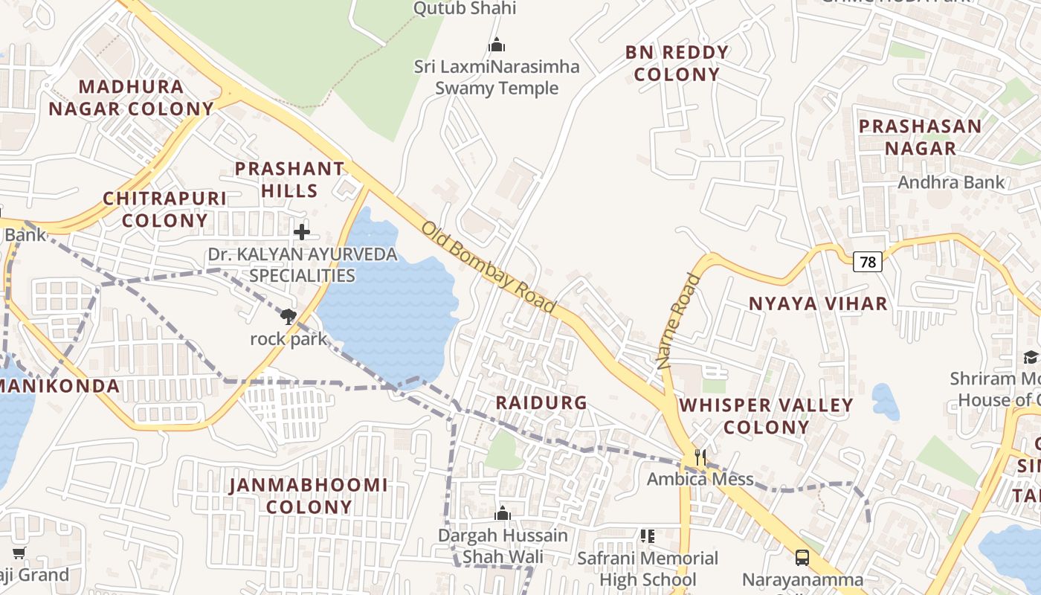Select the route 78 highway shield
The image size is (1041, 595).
click(867, 262)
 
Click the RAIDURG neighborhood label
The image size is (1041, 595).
click(541, 402)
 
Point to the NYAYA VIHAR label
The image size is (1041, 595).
click(818, 303)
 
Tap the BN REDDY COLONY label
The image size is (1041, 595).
click(677, 63)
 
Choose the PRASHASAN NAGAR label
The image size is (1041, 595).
click(921, 137)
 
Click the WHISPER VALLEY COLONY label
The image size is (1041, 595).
click(767, 416)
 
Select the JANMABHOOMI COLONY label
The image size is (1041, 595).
click(309, 496)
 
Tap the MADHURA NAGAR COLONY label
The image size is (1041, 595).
click(132, 97)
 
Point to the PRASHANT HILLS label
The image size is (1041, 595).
click(290, 179)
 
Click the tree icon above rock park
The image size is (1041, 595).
click(289, 317)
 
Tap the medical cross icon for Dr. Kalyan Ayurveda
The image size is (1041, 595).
click(301, 232)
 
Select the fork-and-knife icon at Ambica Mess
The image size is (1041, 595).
click(700, 457)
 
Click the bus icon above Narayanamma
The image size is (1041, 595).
click(802, 557)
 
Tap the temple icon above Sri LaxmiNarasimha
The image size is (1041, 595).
click(497, 45)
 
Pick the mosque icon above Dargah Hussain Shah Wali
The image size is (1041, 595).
click(503, 513)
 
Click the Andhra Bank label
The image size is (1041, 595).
click(951, 182)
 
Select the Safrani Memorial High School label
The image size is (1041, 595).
click(648, 568)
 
